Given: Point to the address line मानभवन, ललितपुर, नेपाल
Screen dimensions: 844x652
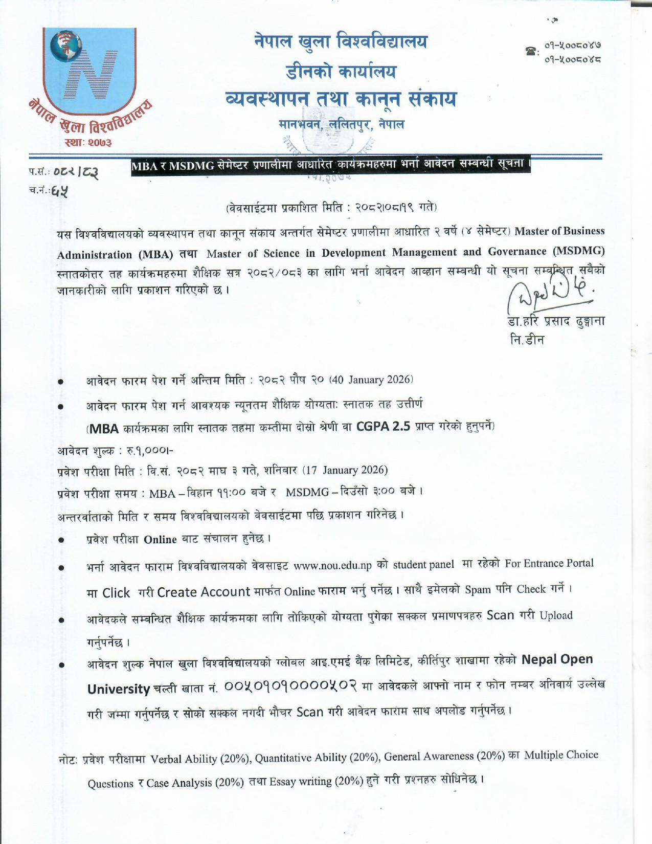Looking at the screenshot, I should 342,124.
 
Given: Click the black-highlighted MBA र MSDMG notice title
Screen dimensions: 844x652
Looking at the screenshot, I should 330,166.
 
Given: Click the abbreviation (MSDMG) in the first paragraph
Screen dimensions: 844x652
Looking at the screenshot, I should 578,251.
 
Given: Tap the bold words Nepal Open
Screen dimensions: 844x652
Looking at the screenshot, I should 557,659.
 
